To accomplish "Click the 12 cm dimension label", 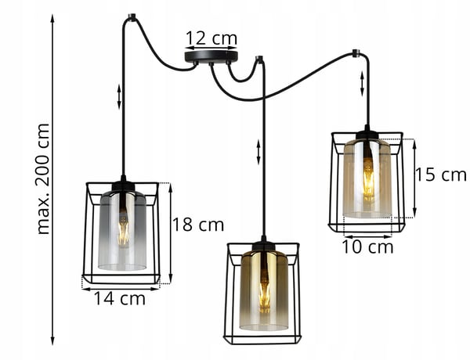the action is tap(211, 38).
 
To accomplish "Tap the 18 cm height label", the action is tap(198, 225).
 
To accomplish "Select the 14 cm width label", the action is tap(120, 299).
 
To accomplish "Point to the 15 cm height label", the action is tap(441, 175).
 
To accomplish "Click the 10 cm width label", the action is tap(367, 247).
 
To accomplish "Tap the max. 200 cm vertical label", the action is tap(42, 179).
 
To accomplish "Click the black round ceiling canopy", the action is tap(211, 57).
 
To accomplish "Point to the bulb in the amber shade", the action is tap(368, 177).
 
